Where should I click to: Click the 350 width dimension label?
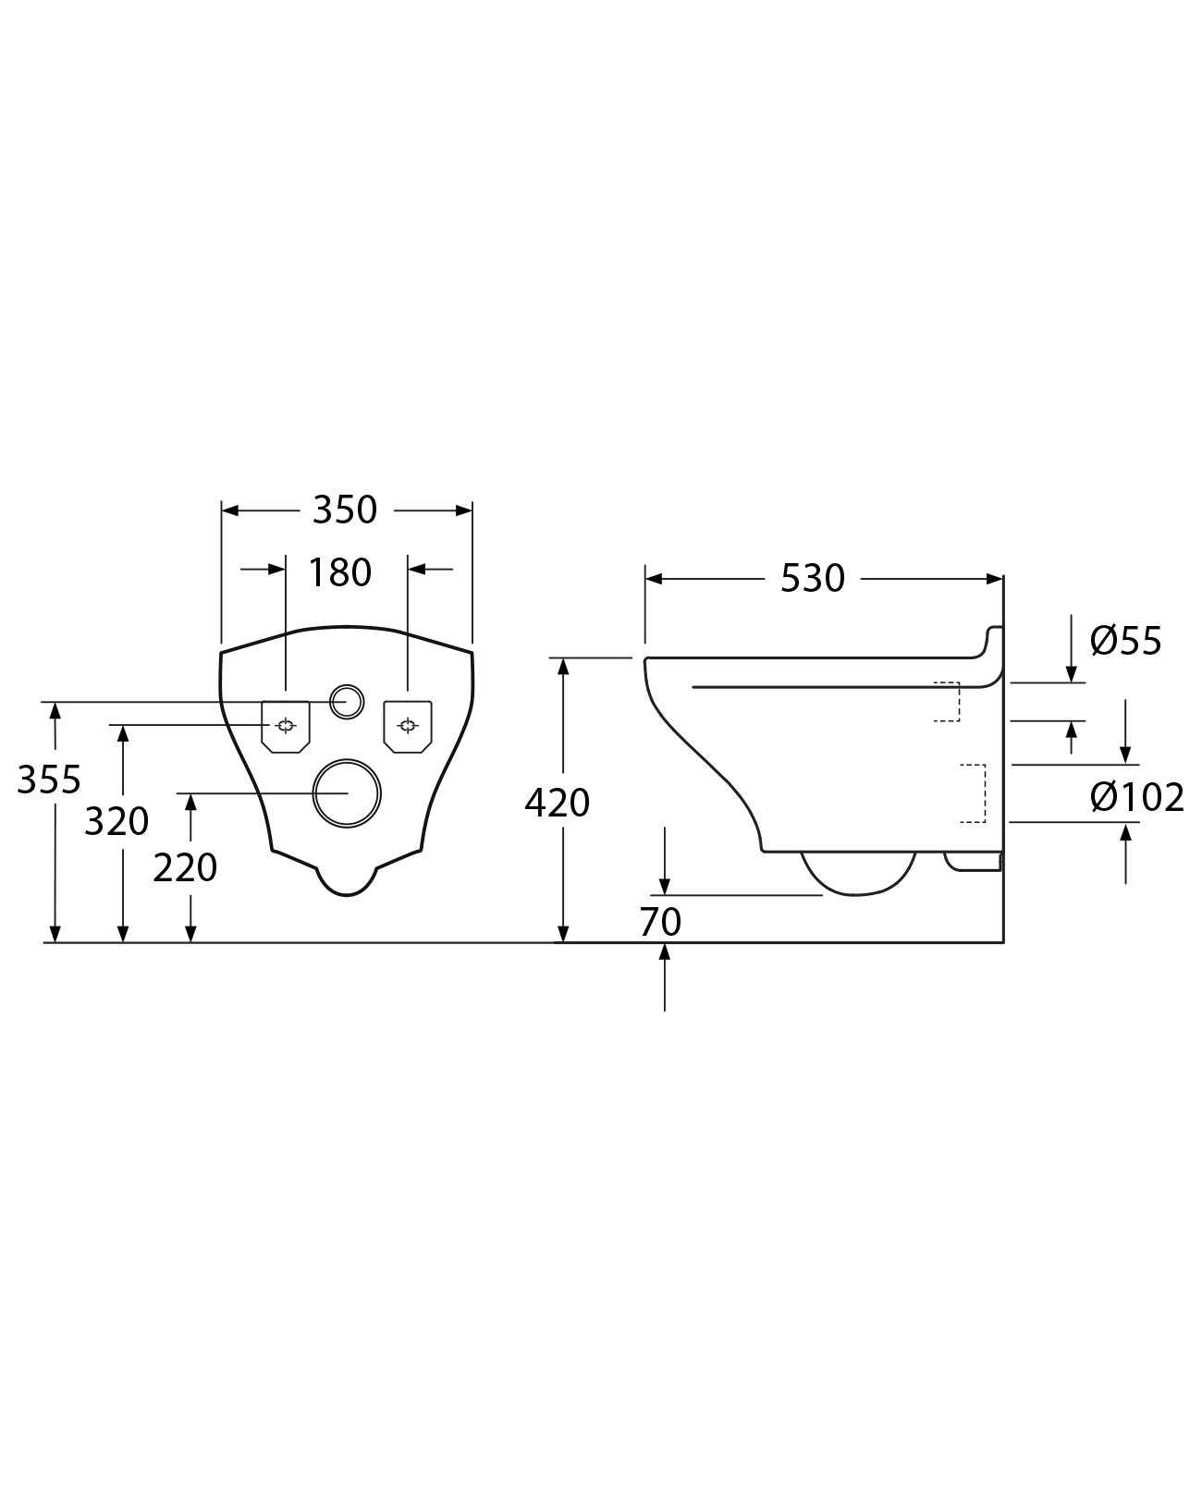(345, 510)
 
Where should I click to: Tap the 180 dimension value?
(339, 572)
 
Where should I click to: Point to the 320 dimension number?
(117, 821)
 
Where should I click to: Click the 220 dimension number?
(185, 867)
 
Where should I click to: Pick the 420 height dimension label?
(557, 803)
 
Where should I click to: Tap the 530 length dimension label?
(813, 579)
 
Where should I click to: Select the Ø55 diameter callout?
(1125, 641)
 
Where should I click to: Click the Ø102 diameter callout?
(1136, 797)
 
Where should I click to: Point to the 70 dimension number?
(660, 921)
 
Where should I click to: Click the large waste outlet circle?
(348, 792)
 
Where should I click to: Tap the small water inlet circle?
(347, 701)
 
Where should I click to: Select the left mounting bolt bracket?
(286, 726)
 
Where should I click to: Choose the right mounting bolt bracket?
(408, 725)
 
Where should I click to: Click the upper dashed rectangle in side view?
(948, 701)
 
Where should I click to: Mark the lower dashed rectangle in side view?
(973, 793)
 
